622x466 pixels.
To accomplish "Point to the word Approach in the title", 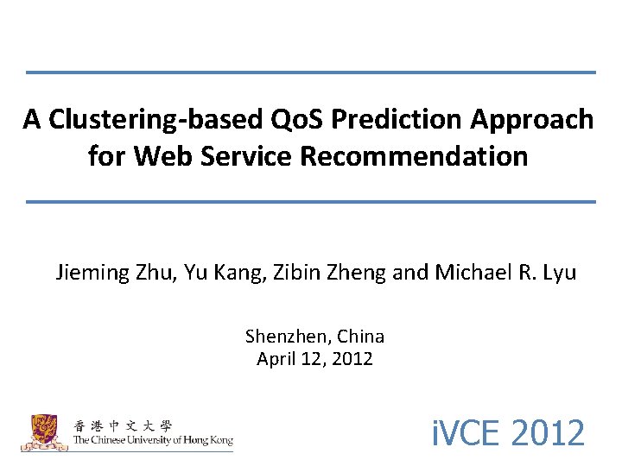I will click(x=531, y=119).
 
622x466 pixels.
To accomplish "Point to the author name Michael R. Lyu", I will click(x=505, y=274).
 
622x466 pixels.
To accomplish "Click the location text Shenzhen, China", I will click(x=314, y=337).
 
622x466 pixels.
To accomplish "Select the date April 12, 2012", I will click(x=314, y=359).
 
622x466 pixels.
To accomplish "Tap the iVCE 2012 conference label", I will click(x=508, y=432).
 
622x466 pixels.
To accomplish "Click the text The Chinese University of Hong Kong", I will click(x=153, y=440).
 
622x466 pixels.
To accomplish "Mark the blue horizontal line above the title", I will click(x=311, y=72).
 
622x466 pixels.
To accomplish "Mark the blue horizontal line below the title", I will click(x=311, y=201).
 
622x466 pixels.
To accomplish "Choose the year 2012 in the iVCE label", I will click(x=548, y=432).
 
